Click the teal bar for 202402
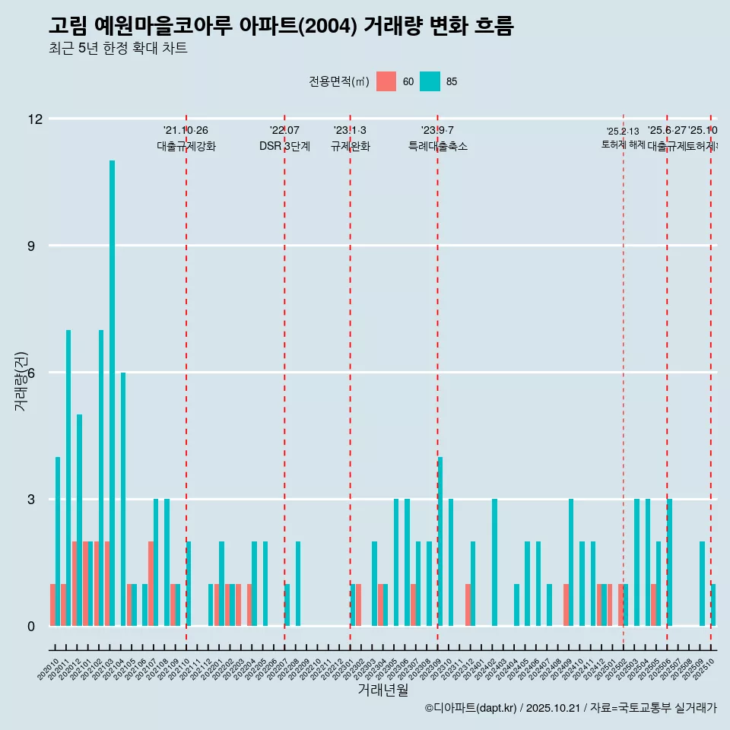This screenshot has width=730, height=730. pos(494,562)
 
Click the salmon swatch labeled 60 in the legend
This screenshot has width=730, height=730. pos(386,81)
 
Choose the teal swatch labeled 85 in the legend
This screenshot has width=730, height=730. pos(430,81)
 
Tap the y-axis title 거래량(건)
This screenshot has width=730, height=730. pos(21,381)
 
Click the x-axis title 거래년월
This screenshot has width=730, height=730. pos(382,690)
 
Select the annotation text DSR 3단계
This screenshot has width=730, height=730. pos(284,147)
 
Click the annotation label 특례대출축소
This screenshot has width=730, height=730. pos(437,147)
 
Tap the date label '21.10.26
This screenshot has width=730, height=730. pos(186,131)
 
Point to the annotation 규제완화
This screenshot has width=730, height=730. pos(350,147)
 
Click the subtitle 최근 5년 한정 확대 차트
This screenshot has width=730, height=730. pos(118,49)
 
